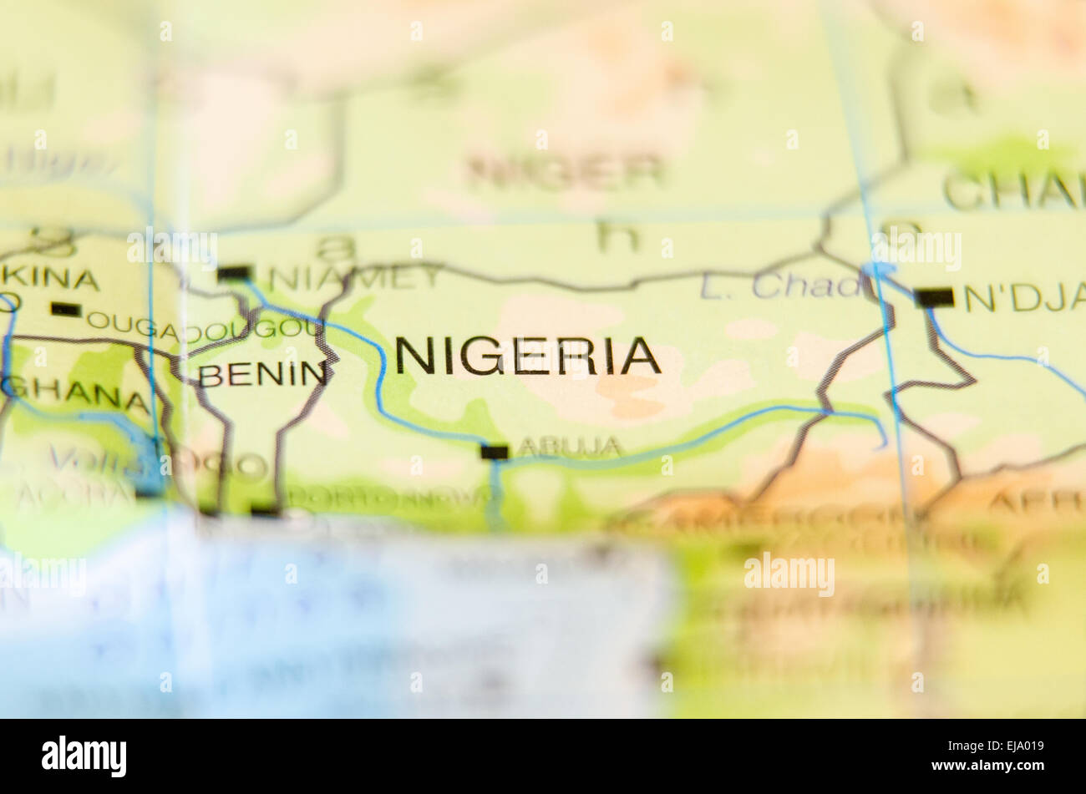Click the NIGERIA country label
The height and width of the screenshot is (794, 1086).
click(x=527, y=356)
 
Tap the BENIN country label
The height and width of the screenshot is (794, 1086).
click(x=262, y=375)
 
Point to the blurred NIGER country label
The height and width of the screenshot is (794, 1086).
click(x=565, y=171)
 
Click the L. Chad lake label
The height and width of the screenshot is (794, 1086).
click(x=781, y=286)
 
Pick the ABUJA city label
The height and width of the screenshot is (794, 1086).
click(x=570, y=448)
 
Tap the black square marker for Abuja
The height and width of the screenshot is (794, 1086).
click(x=494, y=452)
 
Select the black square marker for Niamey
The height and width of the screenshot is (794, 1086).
click(x=234, y=273)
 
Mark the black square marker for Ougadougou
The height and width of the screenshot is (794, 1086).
click(x=66, y=310)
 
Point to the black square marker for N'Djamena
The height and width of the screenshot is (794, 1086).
click(x=934, y=297)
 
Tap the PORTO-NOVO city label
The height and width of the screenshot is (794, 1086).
click(x=388, y=498)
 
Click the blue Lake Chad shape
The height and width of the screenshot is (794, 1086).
click(x=879, y=271)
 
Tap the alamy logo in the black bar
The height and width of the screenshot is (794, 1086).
click(x=84, y=756)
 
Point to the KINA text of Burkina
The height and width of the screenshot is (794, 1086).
click(x=50, y=278)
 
